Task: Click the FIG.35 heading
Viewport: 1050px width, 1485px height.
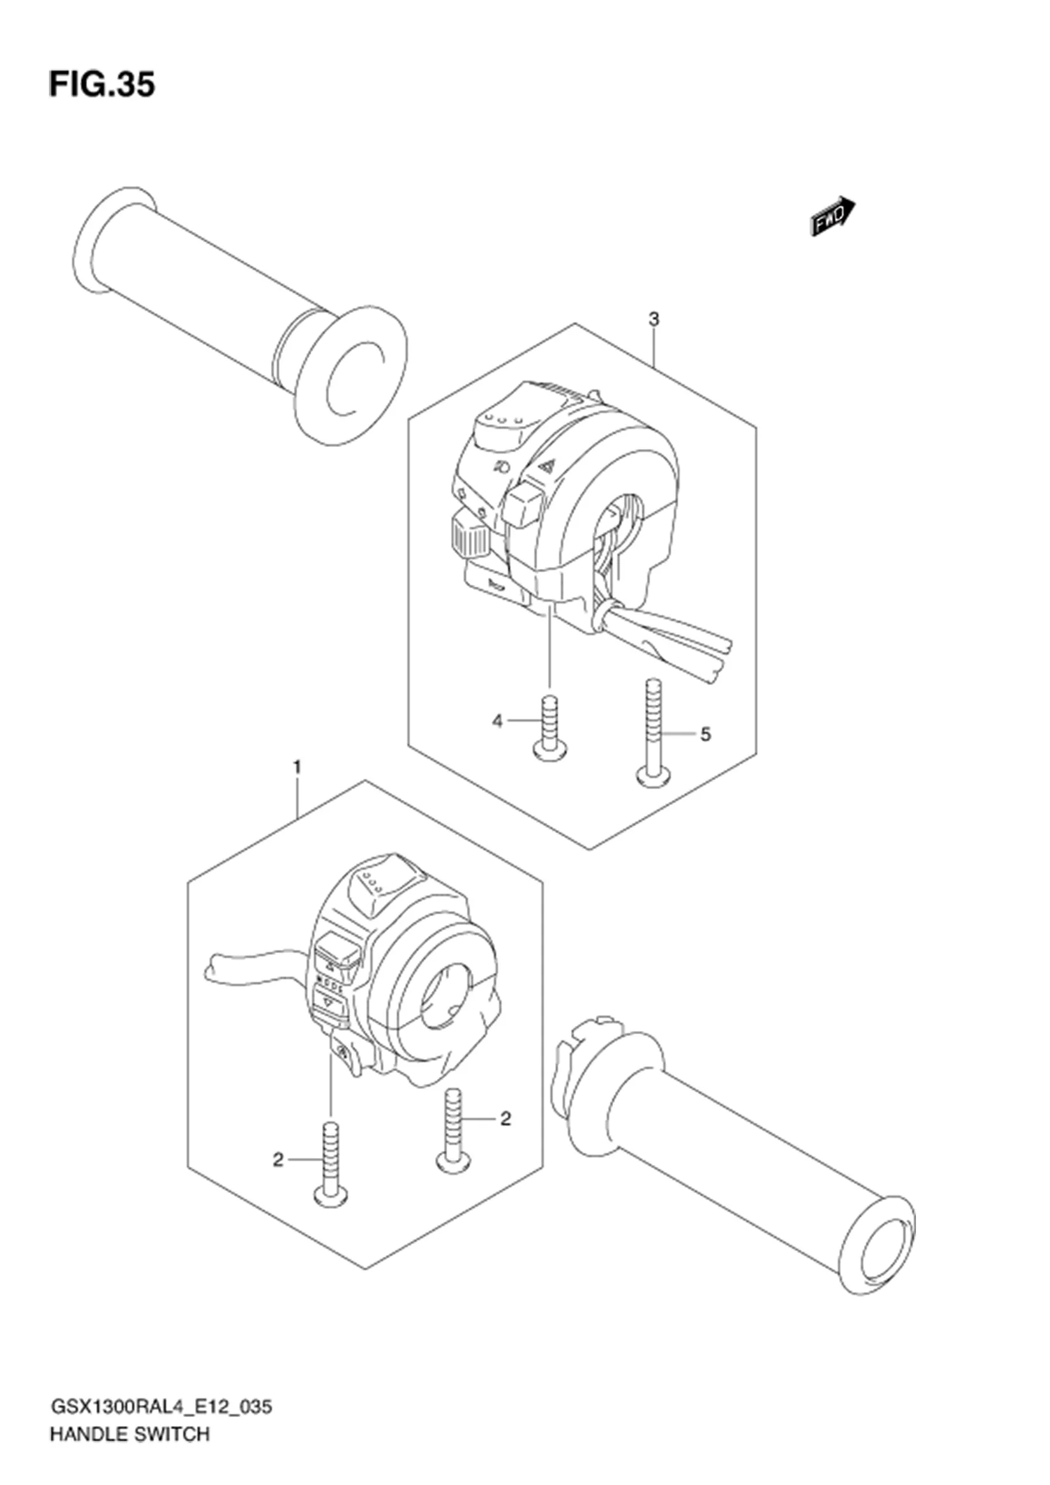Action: tap(102, 84)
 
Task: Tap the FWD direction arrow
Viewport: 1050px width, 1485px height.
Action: tap(833, 216)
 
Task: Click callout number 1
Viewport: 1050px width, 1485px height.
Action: tap(297, 767)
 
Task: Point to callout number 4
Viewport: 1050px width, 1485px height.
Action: tap(497, 721)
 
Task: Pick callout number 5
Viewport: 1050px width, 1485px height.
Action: tap(705, 734)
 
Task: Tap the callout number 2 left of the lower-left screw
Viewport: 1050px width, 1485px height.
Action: tap(278, 1161)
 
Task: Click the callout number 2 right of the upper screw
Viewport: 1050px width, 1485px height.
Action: tap(505, 1118)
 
